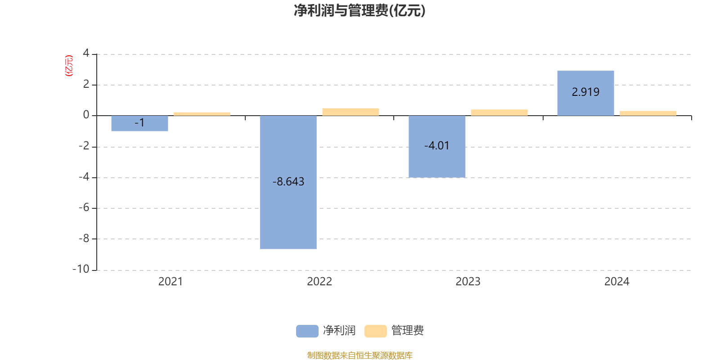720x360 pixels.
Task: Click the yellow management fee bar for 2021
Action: pos(202,114)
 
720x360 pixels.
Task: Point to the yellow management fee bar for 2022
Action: pos(351,112)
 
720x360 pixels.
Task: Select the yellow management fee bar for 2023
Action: pos(499,112)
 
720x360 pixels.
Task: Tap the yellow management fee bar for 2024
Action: pos(648,113)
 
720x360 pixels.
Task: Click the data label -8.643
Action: pos(288,182)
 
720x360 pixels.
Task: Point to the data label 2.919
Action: pos(585,92)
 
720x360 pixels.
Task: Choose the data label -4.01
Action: pos(437,146)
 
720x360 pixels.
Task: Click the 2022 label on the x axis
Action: pos(319,282)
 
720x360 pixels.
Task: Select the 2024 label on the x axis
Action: pos(616,282)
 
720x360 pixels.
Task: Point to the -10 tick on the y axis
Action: pos(81,269)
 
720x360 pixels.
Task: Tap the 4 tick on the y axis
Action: pos(86,54)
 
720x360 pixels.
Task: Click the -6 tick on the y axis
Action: pos(84,208)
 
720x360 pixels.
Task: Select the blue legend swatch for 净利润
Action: pos(307,331)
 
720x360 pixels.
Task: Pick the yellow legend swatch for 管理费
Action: pos(375,331)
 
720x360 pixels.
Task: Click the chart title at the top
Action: pos(360,11)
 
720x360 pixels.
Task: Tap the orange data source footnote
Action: pos(360,355)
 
